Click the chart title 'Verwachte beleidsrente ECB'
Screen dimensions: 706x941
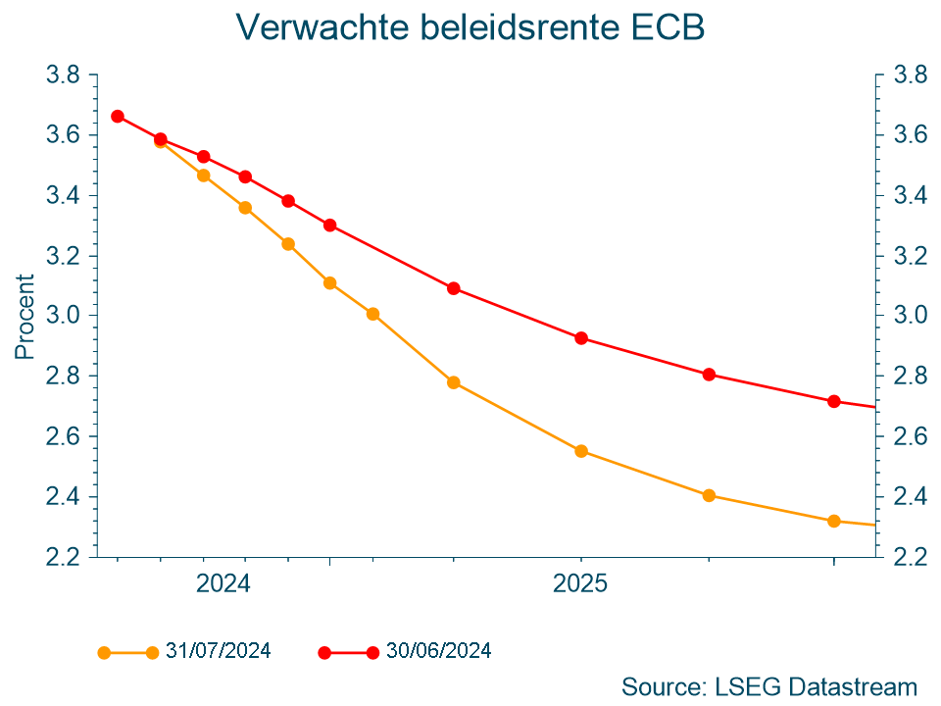(x=470, y=27)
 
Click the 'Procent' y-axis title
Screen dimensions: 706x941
(x=25, y=316)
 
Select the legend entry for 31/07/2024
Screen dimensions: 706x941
(x=218, y=651)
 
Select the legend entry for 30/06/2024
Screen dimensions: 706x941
(x=438, y=651)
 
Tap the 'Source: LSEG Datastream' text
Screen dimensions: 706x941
(x=768, y=686)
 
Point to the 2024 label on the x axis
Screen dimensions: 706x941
(x=223, y=584)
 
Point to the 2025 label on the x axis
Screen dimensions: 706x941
(x=580, y=584)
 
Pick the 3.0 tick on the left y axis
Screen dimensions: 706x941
(x=64, y=316)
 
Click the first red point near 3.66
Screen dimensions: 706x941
(x=118, y=116)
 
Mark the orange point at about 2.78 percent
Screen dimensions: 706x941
(x=453, y=382)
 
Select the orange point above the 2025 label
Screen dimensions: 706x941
(x=580, y=451)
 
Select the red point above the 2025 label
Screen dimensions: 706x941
(x=580, y=338)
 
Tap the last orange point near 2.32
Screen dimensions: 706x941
(x=833, y=521)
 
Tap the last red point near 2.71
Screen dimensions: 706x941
(x=833, y=401)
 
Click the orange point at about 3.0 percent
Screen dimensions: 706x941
(x=372, y=314)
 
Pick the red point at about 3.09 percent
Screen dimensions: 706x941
(x=453, y=288)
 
